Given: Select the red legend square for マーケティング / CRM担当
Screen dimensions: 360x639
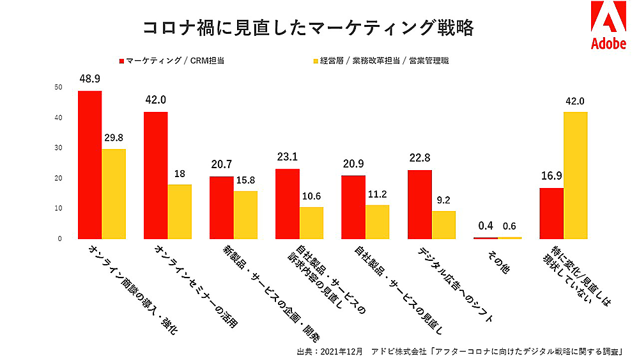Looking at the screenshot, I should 121,61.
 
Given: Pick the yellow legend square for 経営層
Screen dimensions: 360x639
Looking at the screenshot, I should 315,61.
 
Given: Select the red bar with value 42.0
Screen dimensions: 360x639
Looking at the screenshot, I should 156,175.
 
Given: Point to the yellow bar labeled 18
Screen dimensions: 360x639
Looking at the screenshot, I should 180,212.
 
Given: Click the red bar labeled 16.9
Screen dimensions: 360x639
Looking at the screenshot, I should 551,213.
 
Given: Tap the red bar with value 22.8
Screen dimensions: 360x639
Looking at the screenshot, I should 420,204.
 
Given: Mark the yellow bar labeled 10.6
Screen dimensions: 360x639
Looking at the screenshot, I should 312,223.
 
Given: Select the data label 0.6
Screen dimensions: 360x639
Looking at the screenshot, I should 509,226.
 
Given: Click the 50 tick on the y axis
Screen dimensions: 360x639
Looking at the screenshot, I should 59,88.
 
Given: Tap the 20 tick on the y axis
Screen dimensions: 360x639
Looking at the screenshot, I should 59,178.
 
